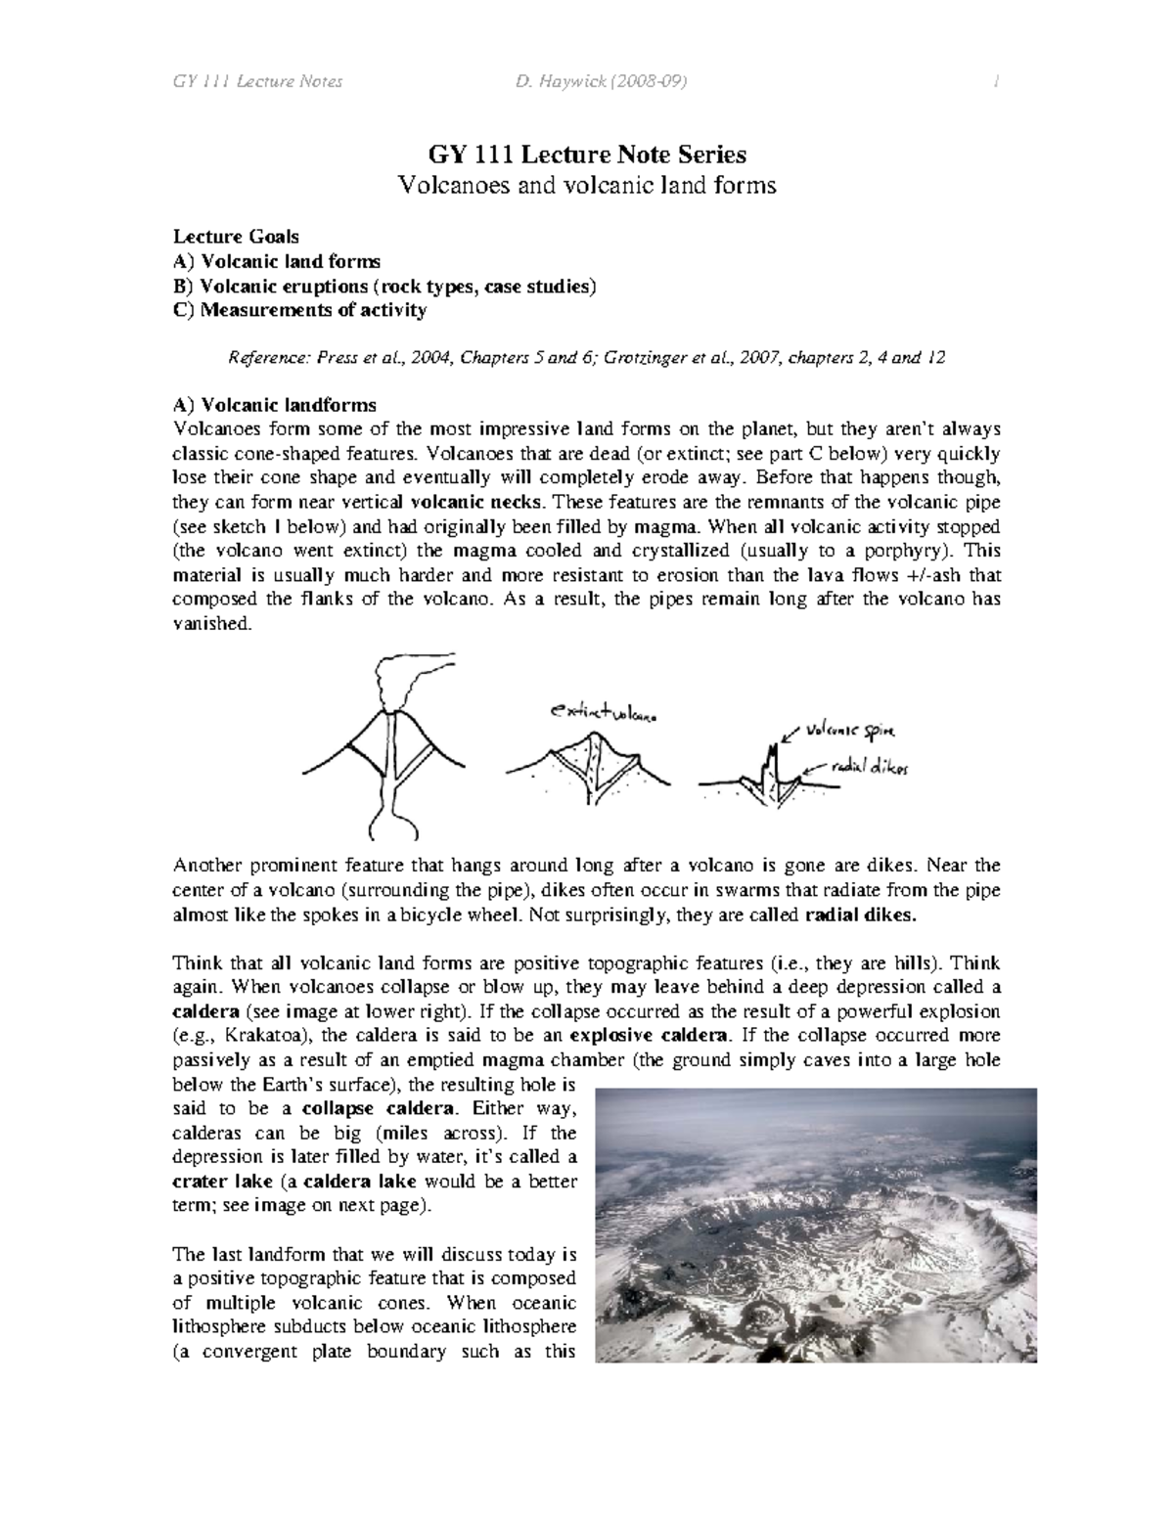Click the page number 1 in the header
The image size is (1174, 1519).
click(996, 81)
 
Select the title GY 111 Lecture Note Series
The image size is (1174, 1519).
click(587, 155)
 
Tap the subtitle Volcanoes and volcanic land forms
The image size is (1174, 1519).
click(587, 185)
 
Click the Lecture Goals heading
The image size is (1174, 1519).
click(236, 237)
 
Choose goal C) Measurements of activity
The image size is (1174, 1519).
click(299, 310)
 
